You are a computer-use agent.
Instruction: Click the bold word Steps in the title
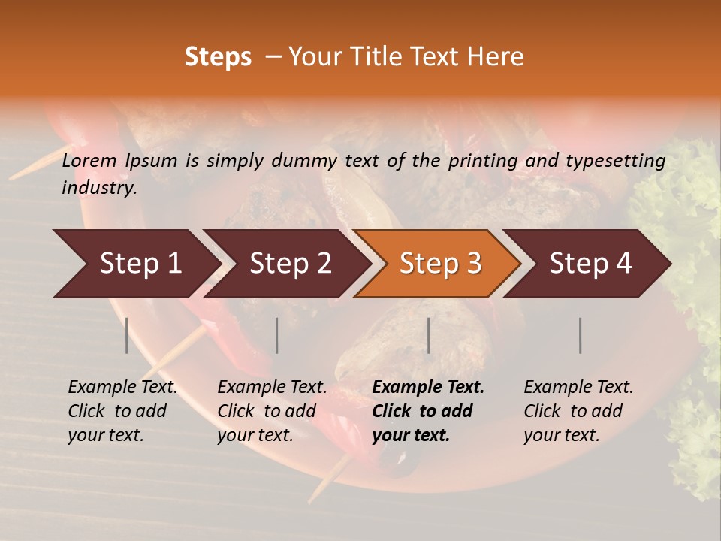click(x=218, y=57)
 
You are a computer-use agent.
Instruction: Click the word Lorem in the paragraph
click(x=89, y=160)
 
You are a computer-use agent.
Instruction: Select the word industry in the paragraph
click(x=98, y=188)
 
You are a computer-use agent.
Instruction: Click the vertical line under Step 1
click(x=127, y=335)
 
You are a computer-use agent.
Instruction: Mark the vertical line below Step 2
click(x=277, y=335)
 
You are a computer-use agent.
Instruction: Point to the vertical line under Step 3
click(x=428, y=335)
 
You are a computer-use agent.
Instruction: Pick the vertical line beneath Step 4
click(x=580, y=335)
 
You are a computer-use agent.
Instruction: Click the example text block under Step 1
click(x=122, y=411)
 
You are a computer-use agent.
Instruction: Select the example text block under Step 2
click(x=272, y=411)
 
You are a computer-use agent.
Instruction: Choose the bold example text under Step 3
click(x=428, y=411)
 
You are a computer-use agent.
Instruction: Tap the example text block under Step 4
click(x=578, y=411)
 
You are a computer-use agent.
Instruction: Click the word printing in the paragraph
click(x=476, y=160)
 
